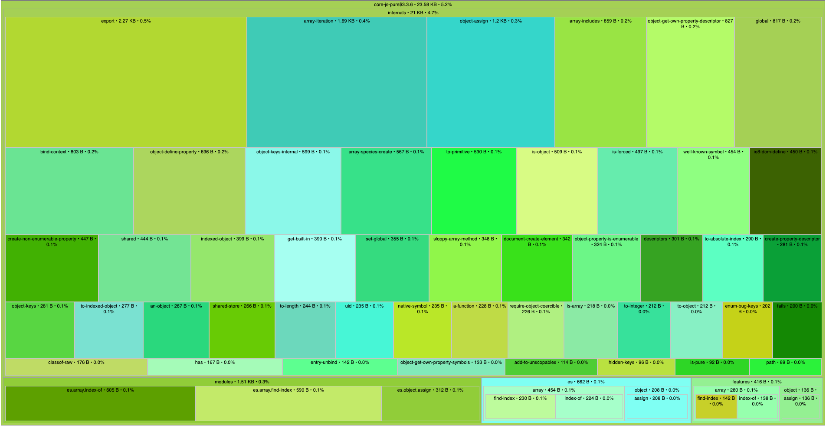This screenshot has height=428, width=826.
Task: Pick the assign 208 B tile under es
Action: pyautogui.click(x=657, y=409)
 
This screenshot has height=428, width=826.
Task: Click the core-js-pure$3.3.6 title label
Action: pyautogui.click(x=413, y=4)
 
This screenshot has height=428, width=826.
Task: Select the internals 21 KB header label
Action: pyautogui.click(x=413, y=13)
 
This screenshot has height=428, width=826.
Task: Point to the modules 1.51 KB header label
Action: pyautogui.click(x=242, y=382)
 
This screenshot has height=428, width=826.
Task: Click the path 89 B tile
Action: pyautogui.click(x=785, y=367)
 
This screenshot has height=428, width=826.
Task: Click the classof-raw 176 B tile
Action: pyautogui.click(x=76, y=367)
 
